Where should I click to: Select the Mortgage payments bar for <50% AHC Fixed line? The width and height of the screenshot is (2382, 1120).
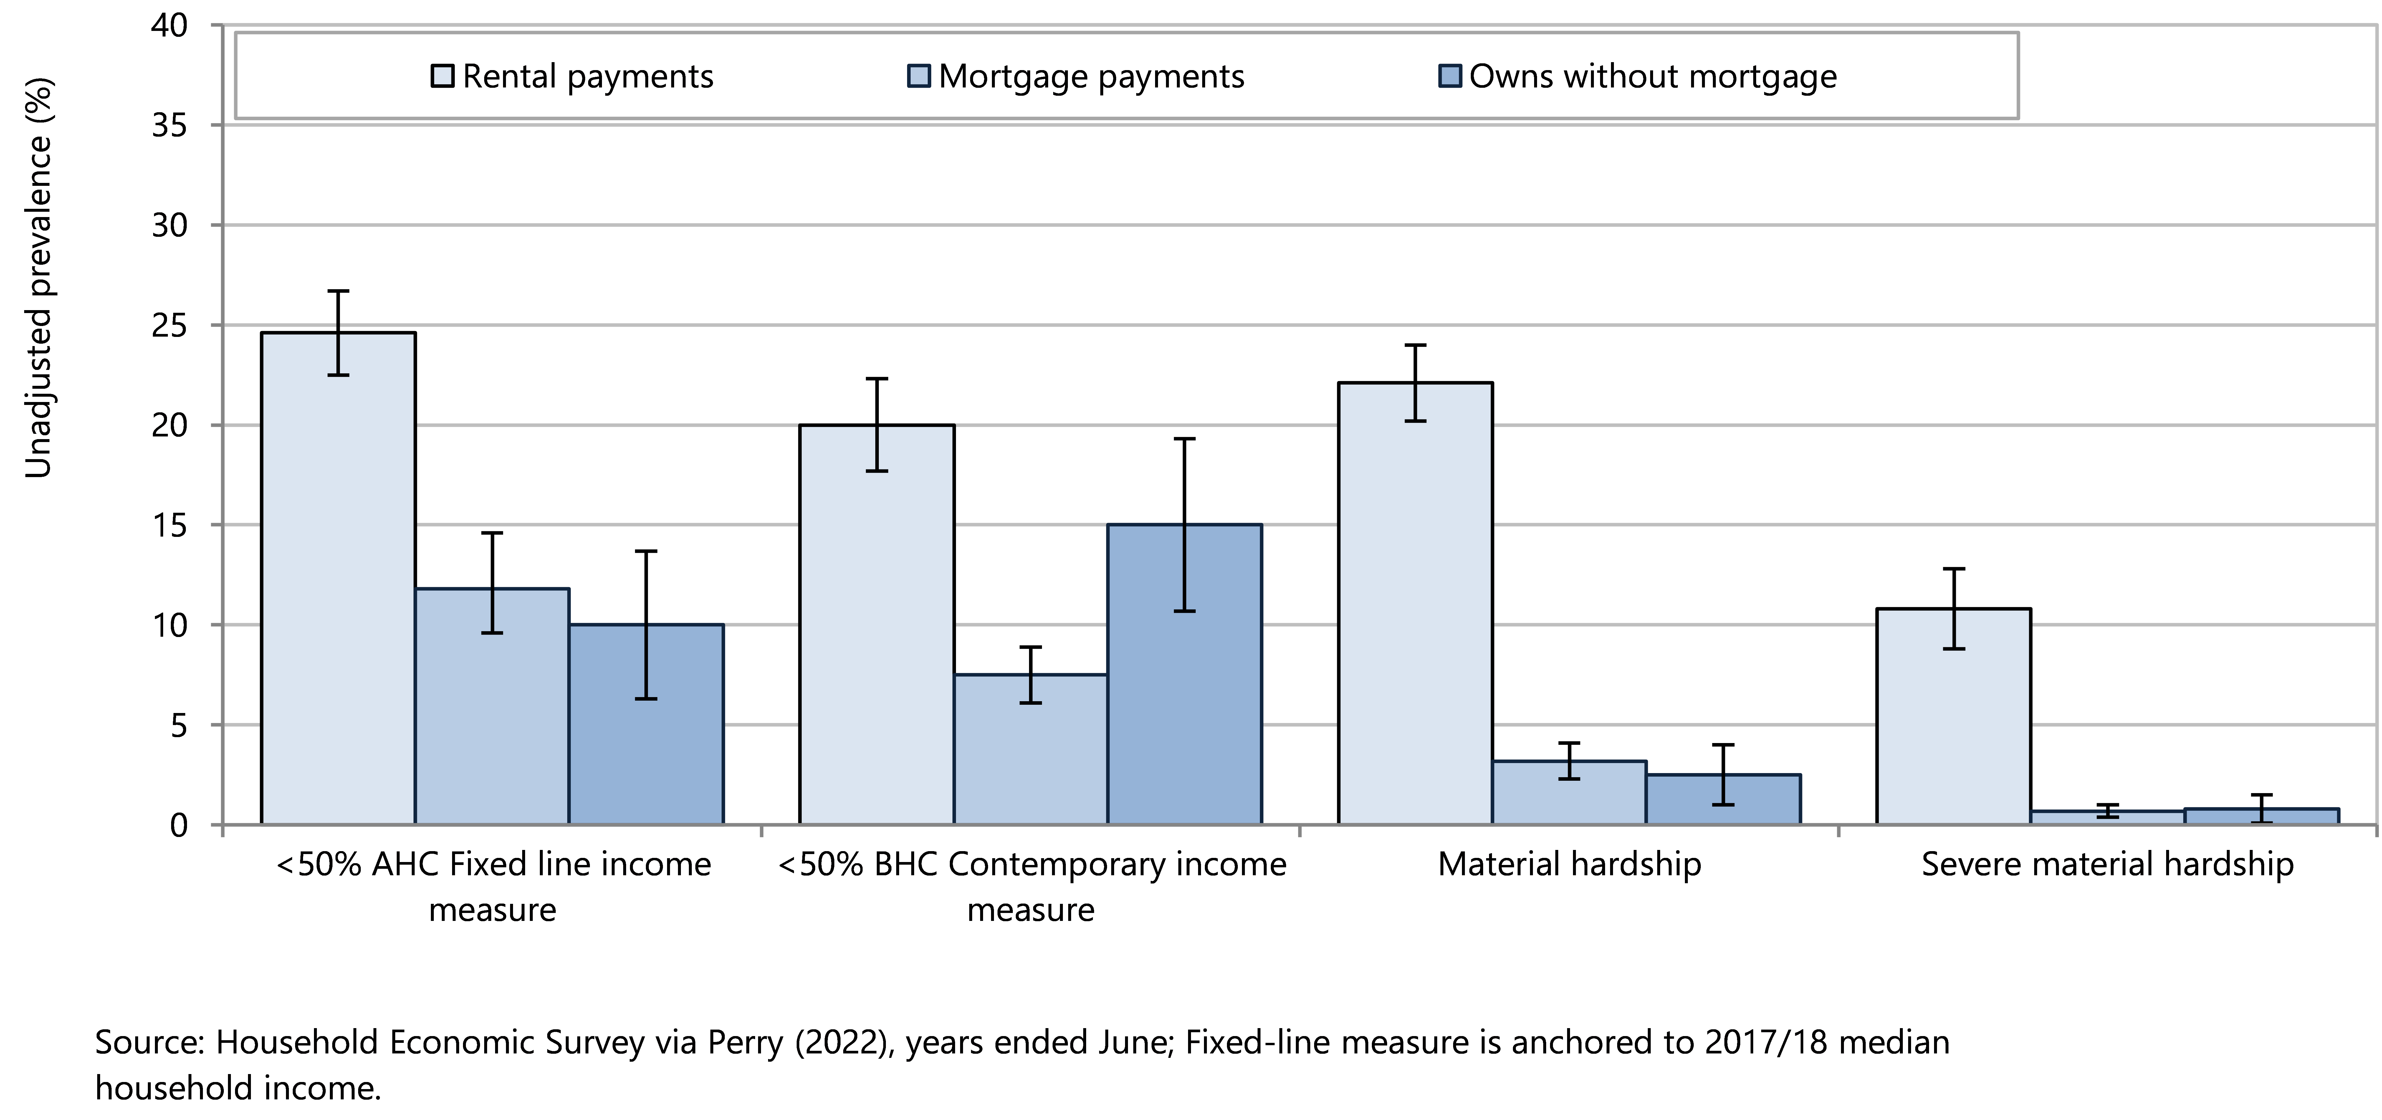pos(492,706)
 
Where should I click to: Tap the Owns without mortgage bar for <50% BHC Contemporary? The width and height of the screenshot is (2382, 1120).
pos(1185,674)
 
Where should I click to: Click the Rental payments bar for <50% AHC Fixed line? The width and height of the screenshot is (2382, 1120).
pos(338,578)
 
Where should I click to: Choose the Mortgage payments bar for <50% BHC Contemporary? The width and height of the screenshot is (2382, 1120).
pos(1031,749)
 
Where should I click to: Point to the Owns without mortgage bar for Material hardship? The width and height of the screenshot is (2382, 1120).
pos(1723,799)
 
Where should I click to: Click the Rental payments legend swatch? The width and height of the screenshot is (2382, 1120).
pos(443,76)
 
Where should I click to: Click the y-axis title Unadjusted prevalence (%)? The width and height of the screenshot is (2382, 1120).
pos(38,277)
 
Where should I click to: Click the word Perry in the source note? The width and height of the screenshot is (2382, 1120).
pos(745,1042)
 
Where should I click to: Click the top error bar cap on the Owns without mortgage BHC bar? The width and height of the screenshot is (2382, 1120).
pos(1185,439)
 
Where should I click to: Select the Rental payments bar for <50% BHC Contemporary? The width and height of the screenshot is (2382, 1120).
pos(876,624)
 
